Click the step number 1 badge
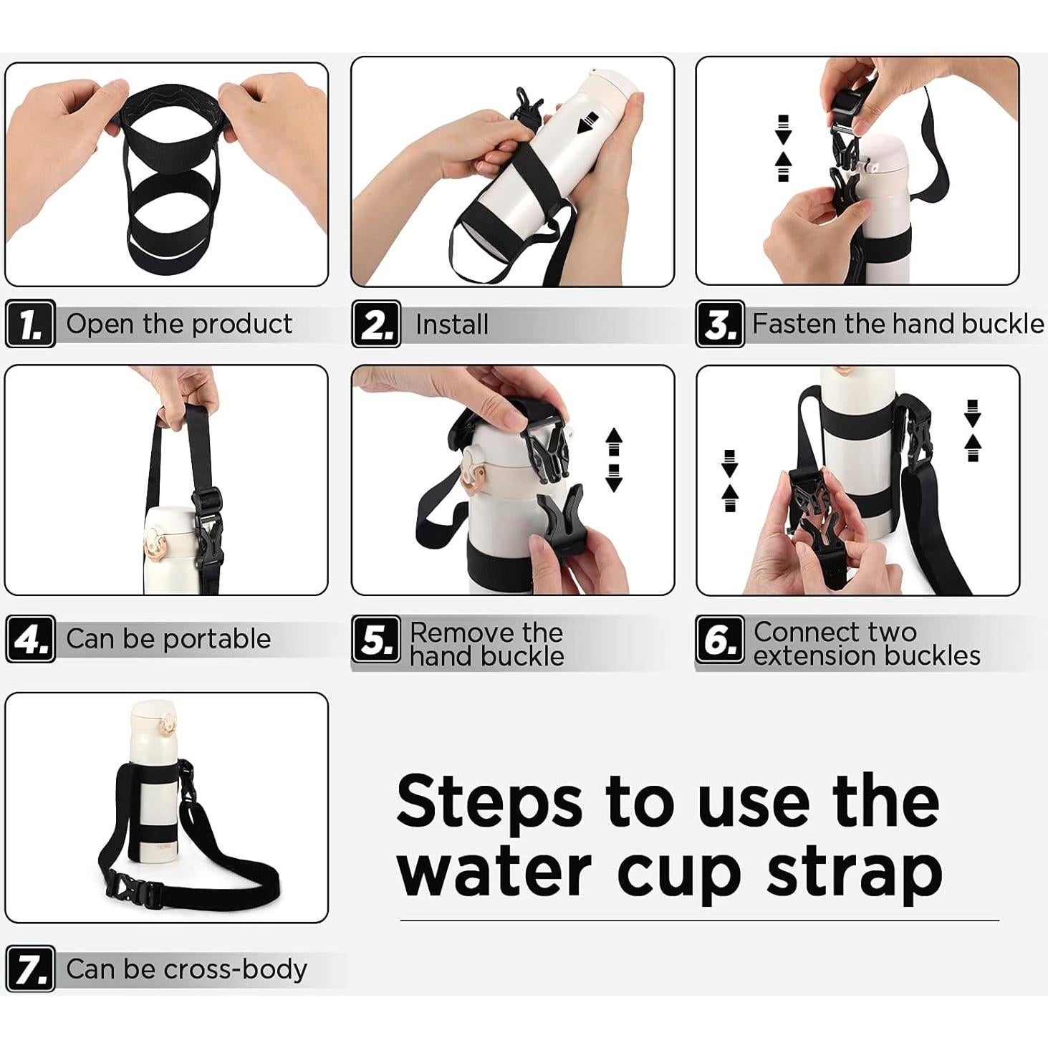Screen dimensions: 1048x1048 coord(30,325)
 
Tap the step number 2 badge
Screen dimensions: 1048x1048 coord(376,325)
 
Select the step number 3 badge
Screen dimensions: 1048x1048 coord(720,325)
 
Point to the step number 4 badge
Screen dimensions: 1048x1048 coord(30,639)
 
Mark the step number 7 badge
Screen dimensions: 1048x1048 coord(30,969)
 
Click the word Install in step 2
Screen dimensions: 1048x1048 coord(451,325)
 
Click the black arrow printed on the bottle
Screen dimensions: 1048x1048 coord(589,121)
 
